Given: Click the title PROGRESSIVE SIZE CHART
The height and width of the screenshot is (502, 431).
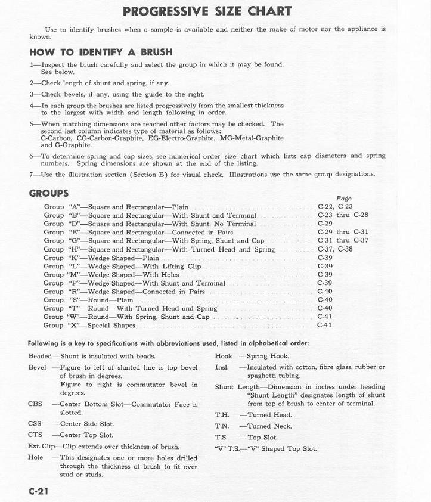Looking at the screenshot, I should point(207,11).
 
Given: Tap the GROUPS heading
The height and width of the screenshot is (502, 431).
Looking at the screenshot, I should point(49,193).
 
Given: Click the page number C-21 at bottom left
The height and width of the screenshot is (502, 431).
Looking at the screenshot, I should point(38,491).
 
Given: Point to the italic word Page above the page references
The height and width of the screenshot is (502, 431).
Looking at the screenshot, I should point(343,198).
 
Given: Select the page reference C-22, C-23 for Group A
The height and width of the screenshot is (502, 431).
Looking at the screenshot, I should point(334,207).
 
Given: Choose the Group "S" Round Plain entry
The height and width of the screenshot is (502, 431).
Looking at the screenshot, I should point(88,300).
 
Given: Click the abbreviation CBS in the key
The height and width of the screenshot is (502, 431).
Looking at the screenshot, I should point(35,404).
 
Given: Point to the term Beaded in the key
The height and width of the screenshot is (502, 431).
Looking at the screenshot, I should point(40,356).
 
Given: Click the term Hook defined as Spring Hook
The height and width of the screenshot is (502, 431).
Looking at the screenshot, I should point(223,356).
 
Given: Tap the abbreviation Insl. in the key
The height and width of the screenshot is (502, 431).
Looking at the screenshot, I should point(222,367).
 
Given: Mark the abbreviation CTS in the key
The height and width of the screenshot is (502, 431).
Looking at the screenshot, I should point(35,435).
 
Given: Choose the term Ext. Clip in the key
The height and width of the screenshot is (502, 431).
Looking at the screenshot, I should point(41,447).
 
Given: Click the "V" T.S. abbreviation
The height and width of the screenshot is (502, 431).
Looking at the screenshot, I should point(227,449).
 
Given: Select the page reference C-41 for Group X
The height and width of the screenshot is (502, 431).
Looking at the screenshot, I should point(325,326).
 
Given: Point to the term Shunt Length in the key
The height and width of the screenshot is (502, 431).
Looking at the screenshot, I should point(237,386).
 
